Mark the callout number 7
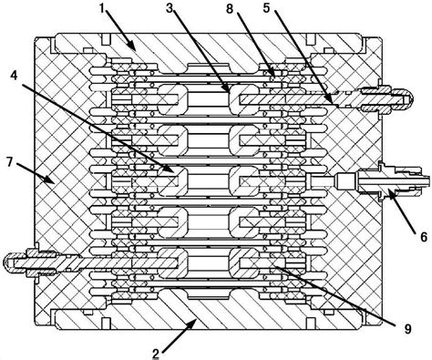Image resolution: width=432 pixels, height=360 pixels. [11, 161]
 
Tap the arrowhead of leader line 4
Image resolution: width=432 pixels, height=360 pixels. [176, 170]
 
